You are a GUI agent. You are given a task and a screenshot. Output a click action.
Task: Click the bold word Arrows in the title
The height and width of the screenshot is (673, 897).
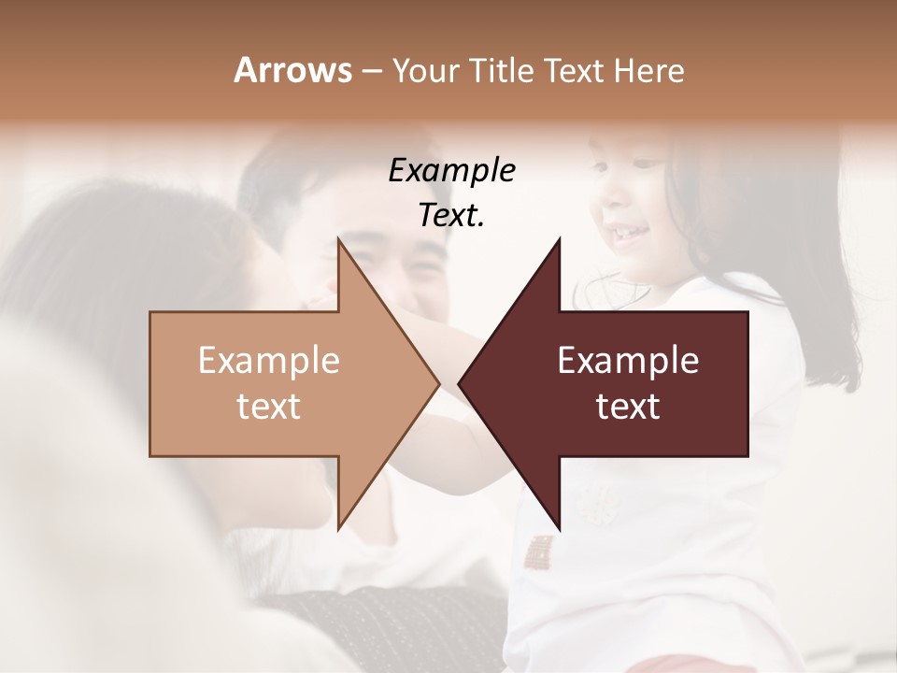[292, 70]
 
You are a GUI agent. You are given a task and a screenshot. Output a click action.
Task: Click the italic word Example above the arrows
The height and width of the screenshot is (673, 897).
[451, 170]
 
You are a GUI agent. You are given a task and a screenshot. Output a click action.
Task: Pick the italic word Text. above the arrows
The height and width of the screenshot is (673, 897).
[451, 216]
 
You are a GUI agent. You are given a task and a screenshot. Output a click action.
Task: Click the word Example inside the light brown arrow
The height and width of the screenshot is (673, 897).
[269, 361]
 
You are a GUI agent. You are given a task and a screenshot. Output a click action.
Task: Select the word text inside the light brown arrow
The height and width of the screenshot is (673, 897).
[269, 407]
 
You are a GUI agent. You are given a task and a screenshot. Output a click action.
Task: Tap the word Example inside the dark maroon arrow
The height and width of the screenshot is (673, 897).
[628, 361]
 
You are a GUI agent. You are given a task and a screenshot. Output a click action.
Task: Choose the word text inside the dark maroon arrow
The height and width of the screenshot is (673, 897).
[628, 407]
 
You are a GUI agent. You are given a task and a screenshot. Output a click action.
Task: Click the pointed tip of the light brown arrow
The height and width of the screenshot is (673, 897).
[438, 383]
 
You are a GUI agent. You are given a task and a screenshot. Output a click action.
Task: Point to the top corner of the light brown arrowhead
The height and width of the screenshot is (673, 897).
[338, 239]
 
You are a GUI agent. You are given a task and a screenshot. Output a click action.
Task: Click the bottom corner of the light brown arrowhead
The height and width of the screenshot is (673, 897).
[338, 528]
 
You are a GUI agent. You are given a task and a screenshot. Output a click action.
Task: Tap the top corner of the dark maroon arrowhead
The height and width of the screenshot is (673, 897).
[560, 239]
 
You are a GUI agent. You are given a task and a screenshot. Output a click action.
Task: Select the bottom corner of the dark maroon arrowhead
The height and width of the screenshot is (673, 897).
[560, 528]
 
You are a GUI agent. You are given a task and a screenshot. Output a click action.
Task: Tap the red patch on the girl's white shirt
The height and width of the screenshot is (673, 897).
[538, 552]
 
